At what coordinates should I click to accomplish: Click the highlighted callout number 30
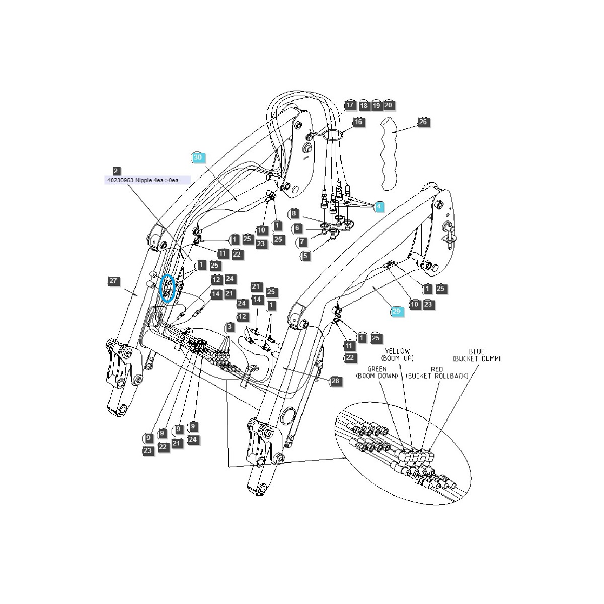[198, 158]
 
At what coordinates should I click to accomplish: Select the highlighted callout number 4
[379, 206]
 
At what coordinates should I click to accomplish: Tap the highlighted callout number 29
[396, 312]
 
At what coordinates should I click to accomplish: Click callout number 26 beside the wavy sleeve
[424, 122]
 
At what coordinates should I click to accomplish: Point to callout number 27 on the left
[113, 281]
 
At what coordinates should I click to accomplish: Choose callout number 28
[336, 381]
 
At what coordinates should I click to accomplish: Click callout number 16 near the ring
[358, 122]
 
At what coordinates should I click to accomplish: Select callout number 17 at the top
[350, 105]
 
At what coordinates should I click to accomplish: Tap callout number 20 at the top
[388, 105]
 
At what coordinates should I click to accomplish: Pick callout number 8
[294, 213]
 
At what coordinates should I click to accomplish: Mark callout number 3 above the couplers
[230, 327]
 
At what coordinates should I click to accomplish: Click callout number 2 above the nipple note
[116, 171]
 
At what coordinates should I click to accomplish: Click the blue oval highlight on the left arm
[168, 288]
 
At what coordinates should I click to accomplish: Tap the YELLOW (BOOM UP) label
[398, 354]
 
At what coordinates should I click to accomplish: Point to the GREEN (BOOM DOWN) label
[376, 372]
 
